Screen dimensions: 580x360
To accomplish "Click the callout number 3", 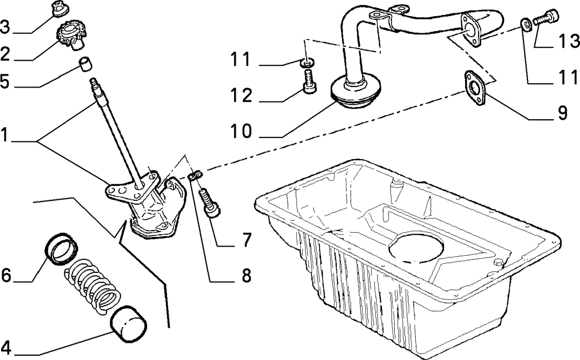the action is [5, 27].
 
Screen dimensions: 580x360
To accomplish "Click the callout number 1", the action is [4, 135].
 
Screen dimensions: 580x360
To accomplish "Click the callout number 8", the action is [246, 276].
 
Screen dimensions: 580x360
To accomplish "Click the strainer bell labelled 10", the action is [355, 92].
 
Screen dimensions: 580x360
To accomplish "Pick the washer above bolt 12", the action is [307, 62].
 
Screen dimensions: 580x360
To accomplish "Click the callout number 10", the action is [242, 131].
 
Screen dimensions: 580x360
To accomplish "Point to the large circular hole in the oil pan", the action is [416, 248].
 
